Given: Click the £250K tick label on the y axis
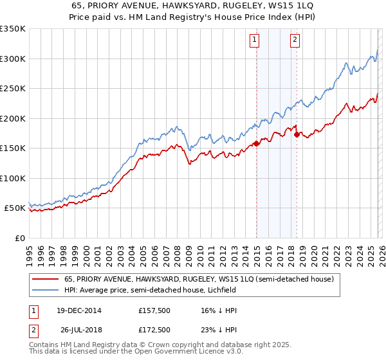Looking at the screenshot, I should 13,89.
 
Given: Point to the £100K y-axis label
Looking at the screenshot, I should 13,178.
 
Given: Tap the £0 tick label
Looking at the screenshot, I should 20,238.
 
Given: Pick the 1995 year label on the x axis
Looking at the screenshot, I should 30,249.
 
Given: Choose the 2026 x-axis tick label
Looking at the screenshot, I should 381,249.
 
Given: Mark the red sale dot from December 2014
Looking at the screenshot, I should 256,143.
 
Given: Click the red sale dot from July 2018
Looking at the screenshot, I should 297,135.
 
